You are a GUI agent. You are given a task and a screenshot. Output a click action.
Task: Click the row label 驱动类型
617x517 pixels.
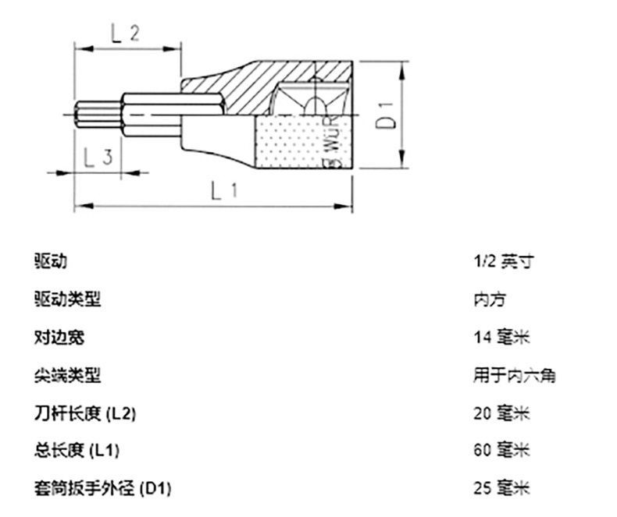click(67, 299)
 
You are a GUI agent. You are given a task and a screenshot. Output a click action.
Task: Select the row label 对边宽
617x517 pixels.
click(59, 338)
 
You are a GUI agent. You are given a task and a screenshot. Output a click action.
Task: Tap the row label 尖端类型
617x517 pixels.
click(67, 376)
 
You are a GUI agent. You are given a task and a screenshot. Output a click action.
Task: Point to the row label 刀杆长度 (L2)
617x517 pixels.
click(85, 413)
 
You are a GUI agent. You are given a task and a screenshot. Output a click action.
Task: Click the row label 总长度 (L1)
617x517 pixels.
click(77, 451)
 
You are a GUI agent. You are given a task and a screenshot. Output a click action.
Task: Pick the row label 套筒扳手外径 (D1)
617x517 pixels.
click(102, 489)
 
